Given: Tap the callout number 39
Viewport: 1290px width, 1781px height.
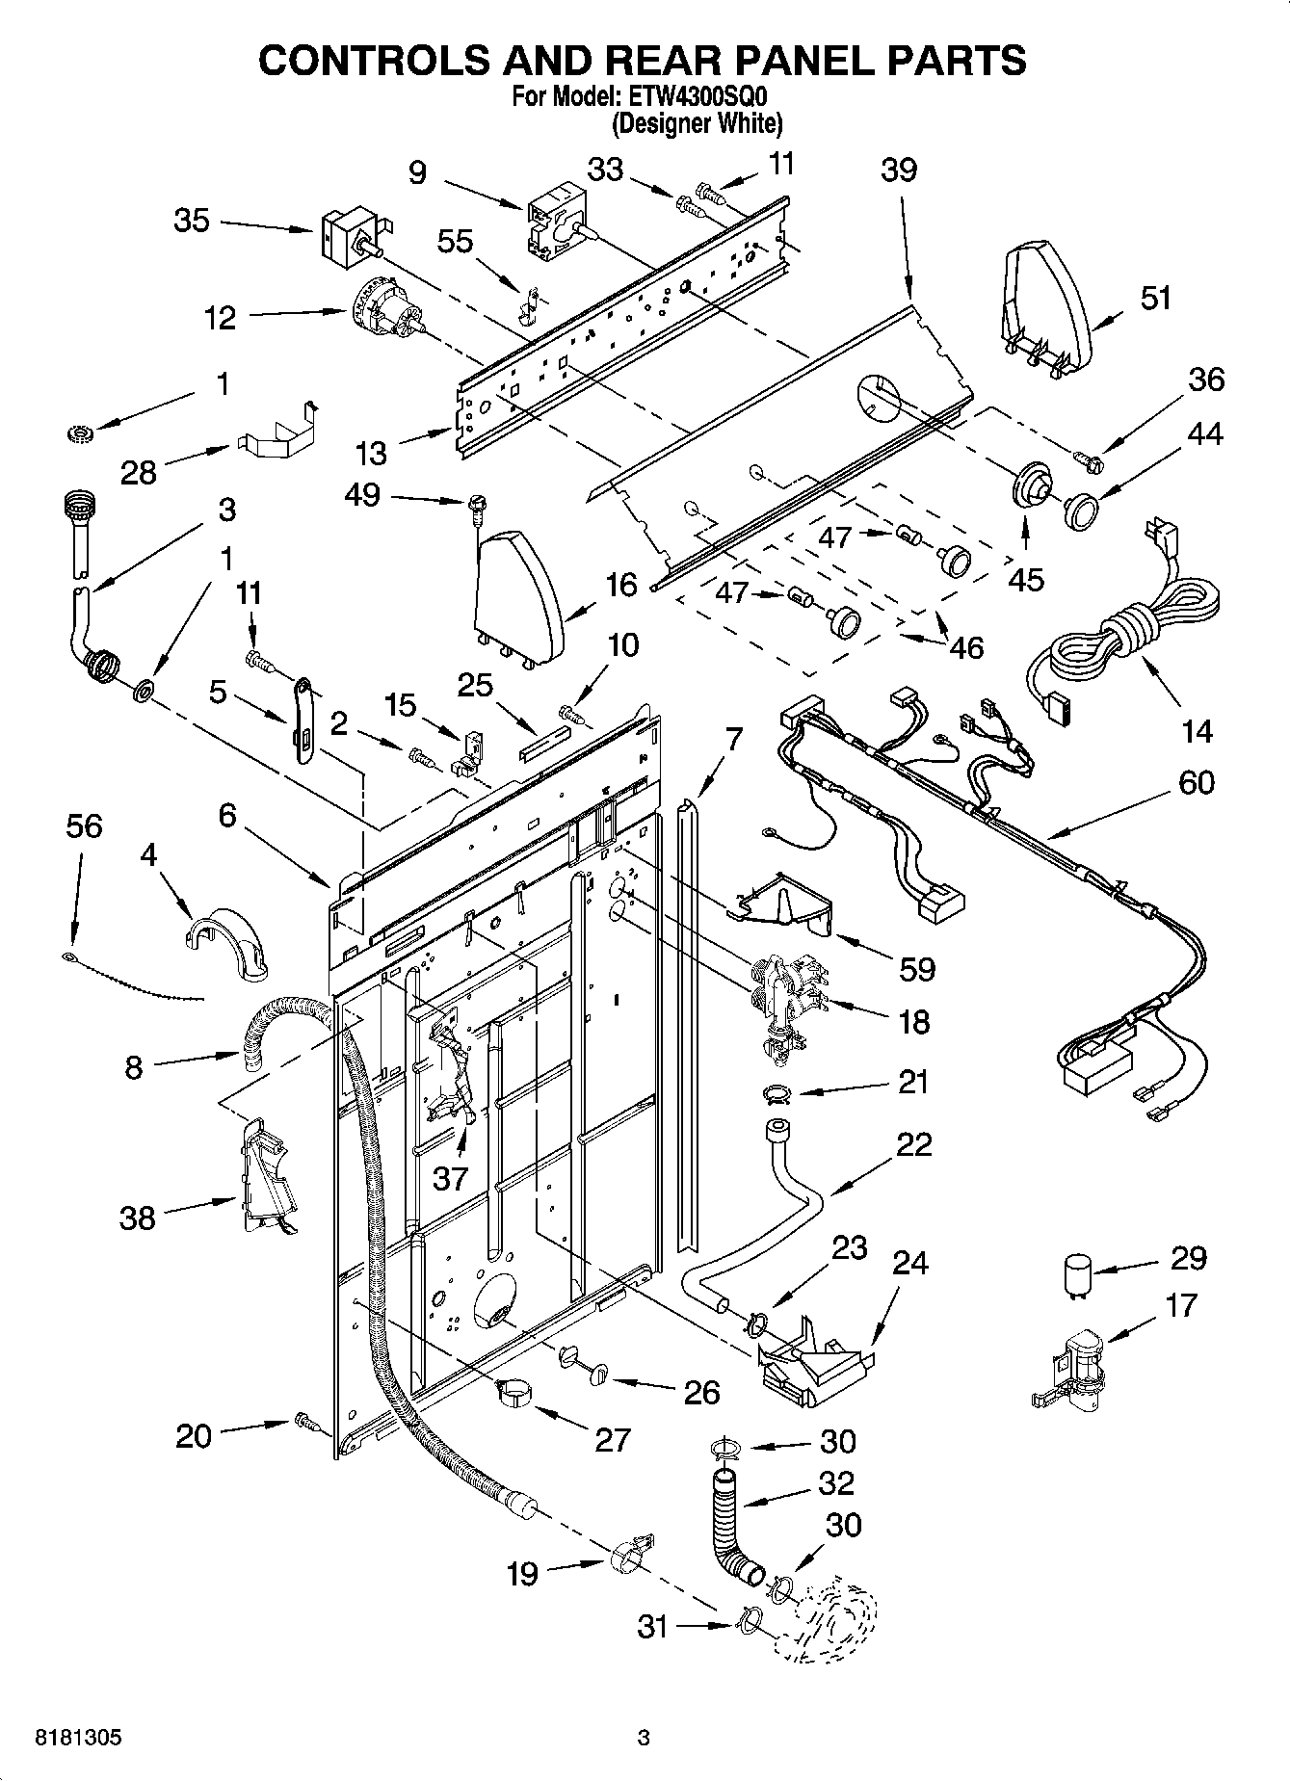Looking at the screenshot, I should [898, 170].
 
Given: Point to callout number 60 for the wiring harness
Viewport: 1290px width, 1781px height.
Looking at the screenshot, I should [1196, 782].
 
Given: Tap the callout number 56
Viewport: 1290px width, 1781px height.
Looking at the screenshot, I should [84, 826].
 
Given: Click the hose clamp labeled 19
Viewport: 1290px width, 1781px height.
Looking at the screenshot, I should [628, 1555].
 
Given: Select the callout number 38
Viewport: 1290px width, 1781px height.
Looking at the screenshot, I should [137, 1218].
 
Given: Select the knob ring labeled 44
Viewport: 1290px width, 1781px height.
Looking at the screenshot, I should [1082, 507].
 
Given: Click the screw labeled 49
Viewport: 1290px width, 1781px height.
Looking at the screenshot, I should [477, 504].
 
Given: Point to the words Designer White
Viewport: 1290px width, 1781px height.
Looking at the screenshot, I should [698, 123].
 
